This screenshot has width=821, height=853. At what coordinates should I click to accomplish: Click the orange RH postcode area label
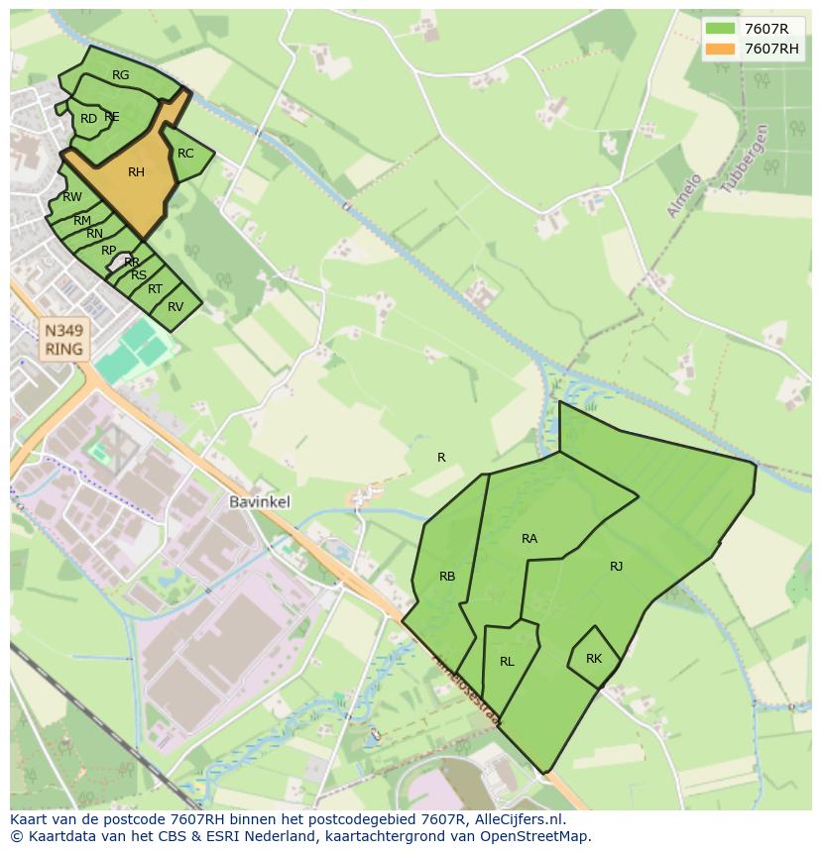point(137,172)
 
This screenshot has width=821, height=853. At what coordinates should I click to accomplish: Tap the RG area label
point(121,75)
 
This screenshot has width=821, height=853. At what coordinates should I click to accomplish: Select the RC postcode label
point(185,154)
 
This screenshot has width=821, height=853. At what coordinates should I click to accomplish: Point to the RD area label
point(89,119)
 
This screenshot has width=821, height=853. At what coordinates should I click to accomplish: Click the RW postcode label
point(72,197)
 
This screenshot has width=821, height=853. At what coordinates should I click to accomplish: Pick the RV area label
point(176,307)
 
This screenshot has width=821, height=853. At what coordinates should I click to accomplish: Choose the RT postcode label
point(155,289)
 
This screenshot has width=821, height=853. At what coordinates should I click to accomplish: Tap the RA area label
point(529,539)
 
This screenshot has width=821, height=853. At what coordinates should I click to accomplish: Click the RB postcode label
point(447,577)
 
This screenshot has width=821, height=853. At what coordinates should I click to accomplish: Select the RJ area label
point(617,567)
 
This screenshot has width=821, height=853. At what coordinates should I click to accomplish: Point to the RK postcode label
point(594,659)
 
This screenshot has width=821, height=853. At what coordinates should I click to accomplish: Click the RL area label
point(507,662)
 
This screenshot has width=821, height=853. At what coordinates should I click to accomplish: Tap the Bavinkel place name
point(260,502)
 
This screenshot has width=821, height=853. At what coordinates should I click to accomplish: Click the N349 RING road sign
point(63,338)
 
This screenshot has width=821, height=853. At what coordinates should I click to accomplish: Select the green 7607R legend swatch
point(721,29)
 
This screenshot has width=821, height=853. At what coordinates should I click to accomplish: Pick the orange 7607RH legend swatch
point(721,49)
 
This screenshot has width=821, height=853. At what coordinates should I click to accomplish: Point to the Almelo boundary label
point(685,196)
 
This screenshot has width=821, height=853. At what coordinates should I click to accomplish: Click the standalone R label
point(441,458)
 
